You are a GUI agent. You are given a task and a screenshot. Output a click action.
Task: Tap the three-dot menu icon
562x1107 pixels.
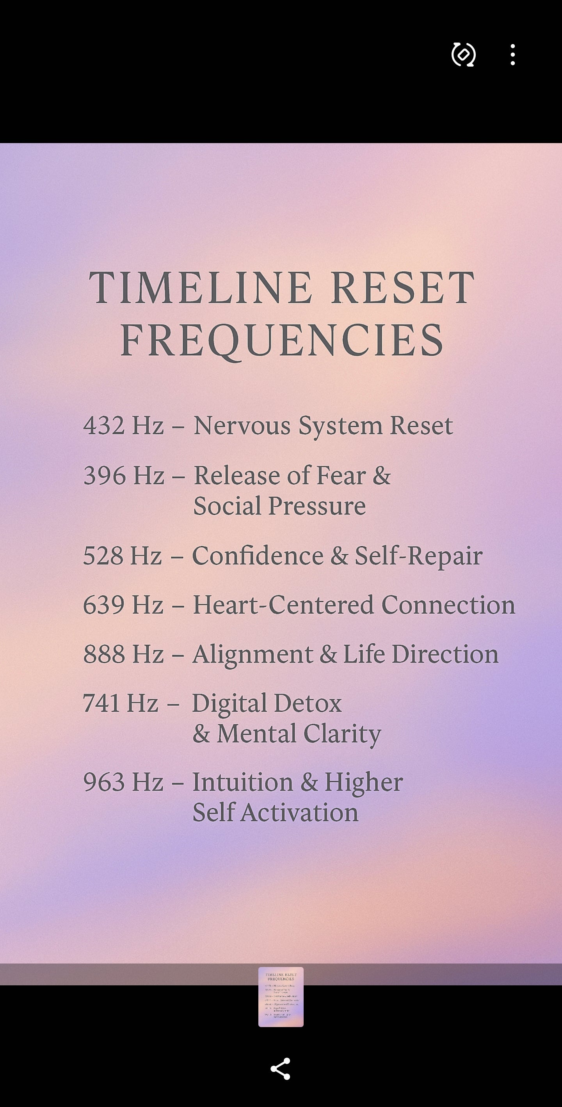pyautogui.click(x=512, y=55)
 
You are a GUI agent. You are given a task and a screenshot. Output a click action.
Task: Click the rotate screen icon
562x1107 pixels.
pyautogui.click(x=463, y=55)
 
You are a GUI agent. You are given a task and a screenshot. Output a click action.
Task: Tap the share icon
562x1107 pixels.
pyautogui.click(x=280, y=1069)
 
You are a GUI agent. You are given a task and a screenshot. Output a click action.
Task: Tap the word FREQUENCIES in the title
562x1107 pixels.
pyautogui.click(x=282, y=340)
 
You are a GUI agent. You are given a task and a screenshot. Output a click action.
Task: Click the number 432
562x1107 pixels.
pyautogui.click(x=104, y=425)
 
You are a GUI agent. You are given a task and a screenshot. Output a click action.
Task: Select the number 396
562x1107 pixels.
pyautogui.click(x=104, y=476)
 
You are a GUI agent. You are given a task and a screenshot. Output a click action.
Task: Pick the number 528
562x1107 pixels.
pyautogui.click(x=103, y=556)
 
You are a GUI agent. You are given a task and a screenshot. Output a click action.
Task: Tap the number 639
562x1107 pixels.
pyautogui.click(x=103, y=605)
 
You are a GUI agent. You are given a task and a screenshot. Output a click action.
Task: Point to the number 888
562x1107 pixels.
pyautogui.click(x=104, y=654)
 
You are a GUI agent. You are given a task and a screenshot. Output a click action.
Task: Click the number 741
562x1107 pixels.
pyautogui.click(x=101, y=703)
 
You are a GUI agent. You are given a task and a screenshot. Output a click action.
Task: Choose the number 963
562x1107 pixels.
pyautogui.click(x=104, y=782)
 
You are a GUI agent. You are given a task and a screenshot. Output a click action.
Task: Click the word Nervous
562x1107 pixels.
pyautogui.click(x=242, y=425)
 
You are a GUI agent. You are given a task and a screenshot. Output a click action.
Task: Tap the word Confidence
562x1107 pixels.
pyautogui.click(x=258, y=556)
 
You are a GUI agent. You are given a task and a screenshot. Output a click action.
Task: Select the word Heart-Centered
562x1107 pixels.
pyautogui.click(x=283, y=605)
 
